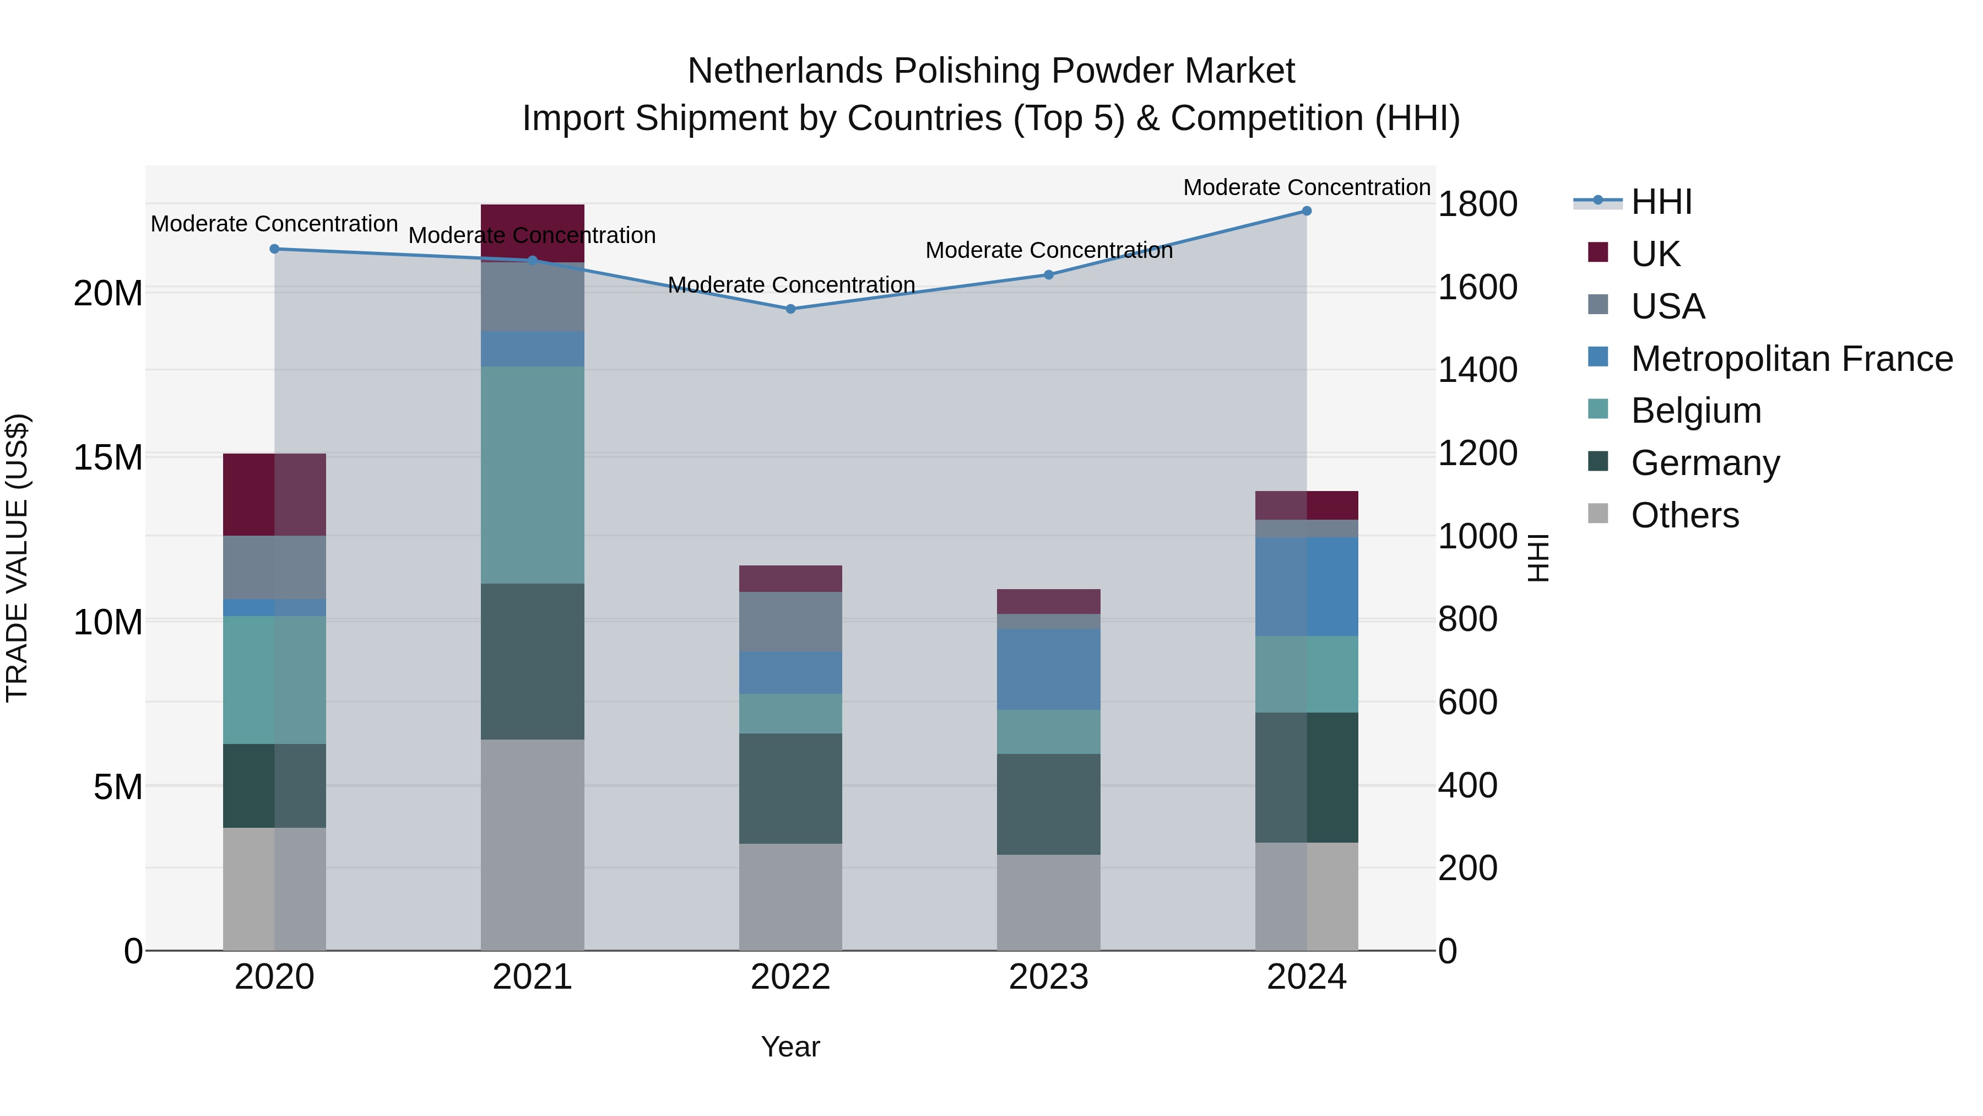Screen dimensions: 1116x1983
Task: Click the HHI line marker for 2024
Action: (x=1307, y=211)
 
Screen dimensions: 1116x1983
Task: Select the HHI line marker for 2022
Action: (x=790, y=309)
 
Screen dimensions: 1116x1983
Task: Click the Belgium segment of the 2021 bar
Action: (x=532, y=475)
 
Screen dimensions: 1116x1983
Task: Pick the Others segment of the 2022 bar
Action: (x=790, y=897)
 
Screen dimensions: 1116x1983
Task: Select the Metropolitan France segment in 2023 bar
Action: (x=1048, y=668)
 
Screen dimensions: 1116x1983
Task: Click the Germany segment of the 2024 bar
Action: (x=1307, y=777)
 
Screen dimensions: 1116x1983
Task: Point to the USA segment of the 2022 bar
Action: (x=790, y=622)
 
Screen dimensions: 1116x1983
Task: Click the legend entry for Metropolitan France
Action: (x=1791, y=359)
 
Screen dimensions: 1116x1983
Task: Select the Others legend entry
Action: (x=1684, y=515)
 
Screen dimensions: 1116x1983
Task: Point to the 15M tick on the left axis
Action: (x=108, y=457)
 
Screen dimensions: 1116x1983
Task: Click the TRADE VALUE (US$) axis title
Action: (x=17, y=558)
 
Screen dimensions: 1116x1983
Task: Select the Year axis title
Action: (x=790, y=1047)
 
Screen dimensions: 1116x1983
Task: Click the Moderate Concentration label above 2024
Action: (x=1307, y=187)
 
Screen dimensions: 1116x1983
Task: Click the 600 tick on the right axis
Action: (x=1467, y=702)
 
